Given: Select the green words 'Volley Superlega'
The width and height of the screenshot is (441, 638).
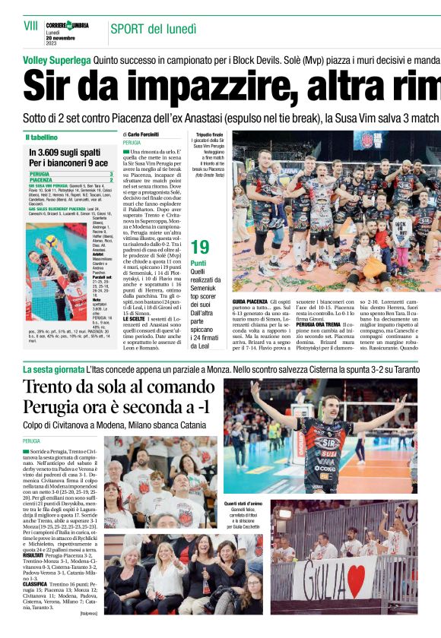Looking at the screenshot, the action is click(x=56, y=59).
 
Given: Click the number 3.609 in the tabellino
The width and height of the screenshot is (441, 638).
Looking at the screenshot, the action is click(x=46, y=153).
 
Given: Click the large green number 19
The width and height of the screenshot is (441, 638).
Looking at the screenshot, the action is click(x=201, y=247).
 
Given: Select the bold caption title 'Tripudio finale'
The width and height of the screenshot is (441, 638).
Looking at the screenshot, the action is click(x=209, y=134).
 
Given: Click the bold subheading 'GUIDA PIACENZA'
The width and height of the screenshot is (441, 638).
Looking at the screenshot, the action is click(x=251, y=302).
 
